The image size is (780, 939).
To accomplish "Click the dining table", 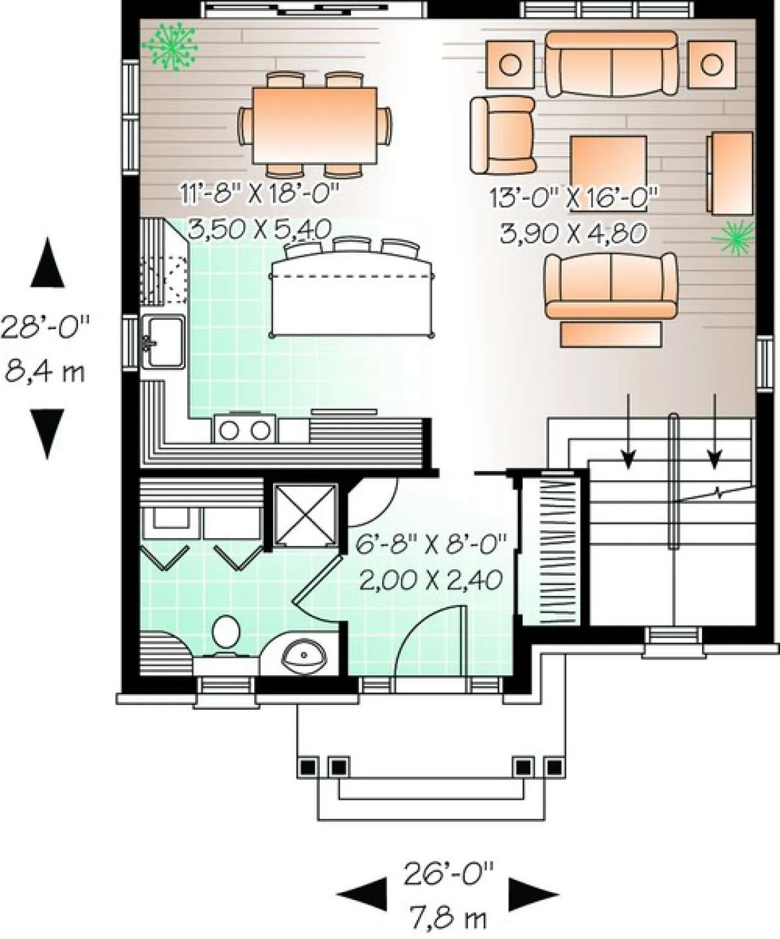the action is coord(315,125).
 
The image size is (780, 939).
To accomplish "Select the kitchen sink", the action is coord(163,341).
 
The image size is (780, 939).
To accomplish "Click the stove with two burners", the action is coord(245,430).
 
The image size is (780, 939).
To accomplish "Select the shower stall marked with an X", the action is coord(305,515).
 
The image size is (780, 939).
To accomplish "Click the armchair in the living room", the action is coord(502,135).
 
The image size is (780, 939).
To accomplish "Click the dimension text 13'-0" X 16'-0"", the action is coord(574,198).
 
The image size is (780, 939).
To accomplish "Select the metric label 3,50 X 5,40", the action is coord(259,229).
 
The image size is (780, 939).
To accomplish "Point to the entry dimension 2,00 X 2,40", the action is coord(430,580).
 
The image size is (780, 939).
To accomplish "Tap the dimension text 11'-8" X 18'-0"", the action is coord(259,196).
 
